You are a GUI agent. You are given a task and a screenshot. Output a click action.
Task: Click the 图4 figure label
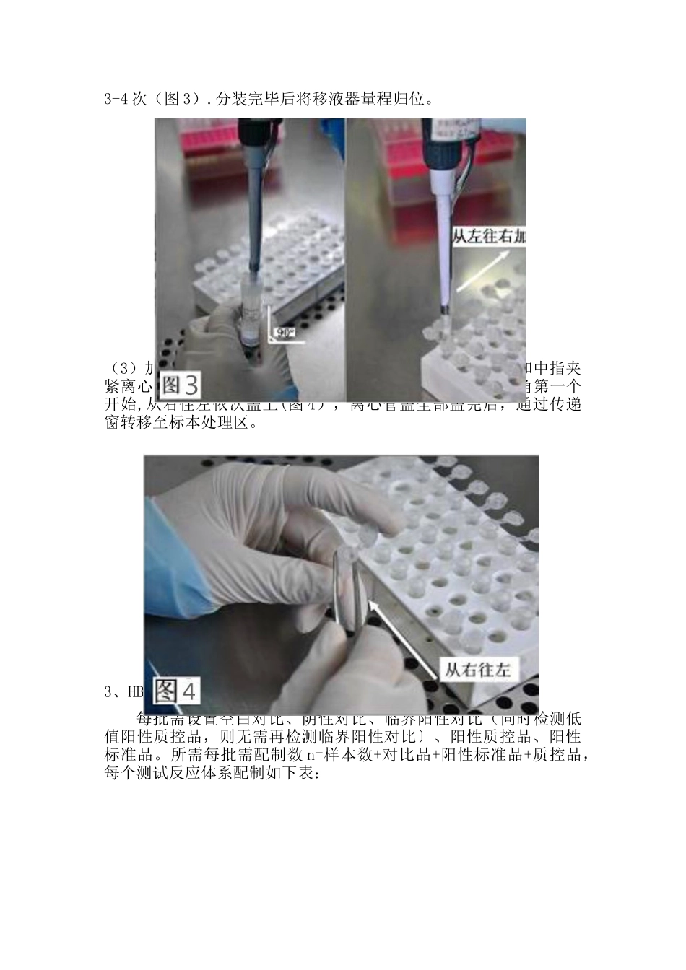177,691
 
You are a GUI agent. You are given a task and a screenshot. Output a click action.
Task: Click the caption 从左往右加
488,236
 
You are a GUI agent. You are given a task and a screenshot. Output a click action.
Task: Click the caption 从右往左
477,670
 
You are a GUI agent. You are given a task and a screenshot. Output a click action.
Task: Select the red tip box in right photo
404,166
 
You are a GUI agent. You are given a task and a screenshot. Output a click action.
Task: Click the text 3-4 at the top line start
116,99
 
